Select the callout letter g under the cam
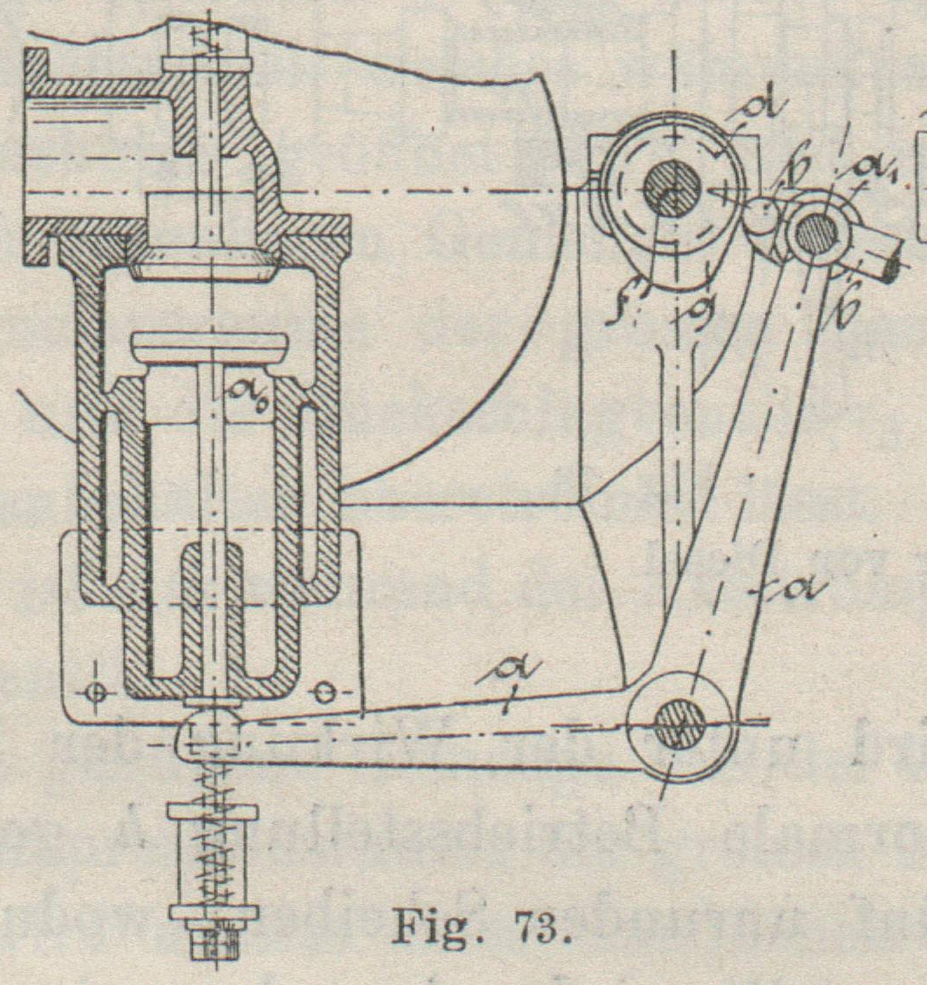695,307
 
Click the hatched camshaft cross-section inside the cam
672,188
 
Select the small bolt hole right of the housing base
324,692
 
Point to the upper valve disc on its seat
205,259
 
